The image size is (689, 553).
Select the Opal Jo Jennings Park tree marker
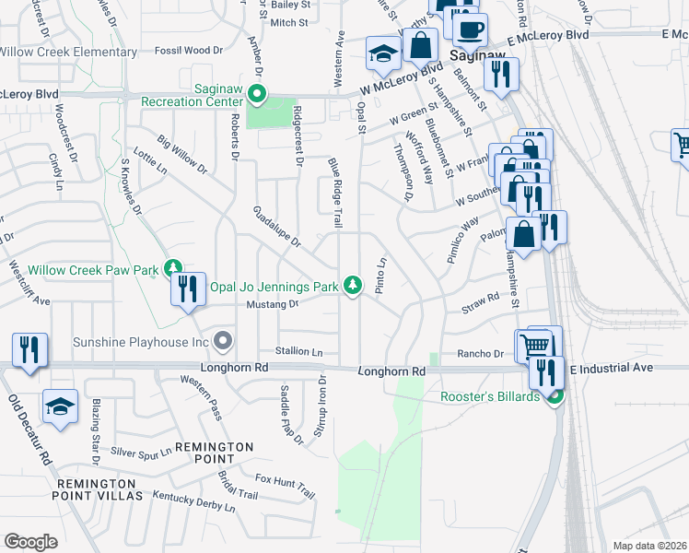352,287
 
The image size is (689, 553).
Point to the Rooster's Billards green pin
555,397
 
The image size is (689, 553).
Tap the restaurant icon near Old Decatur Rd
29,349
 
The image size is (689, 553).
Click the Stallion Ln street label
299,352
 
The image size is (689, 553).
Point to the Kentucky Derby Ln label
194,502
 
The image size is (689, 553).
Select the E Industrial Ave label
611,368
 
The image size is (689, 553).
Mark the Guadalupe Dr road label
277,227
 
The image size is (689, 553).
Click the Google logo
30,541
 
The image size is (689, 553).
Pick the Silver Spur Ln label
141,452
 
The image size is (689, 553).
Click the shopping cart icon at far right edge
682,146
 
